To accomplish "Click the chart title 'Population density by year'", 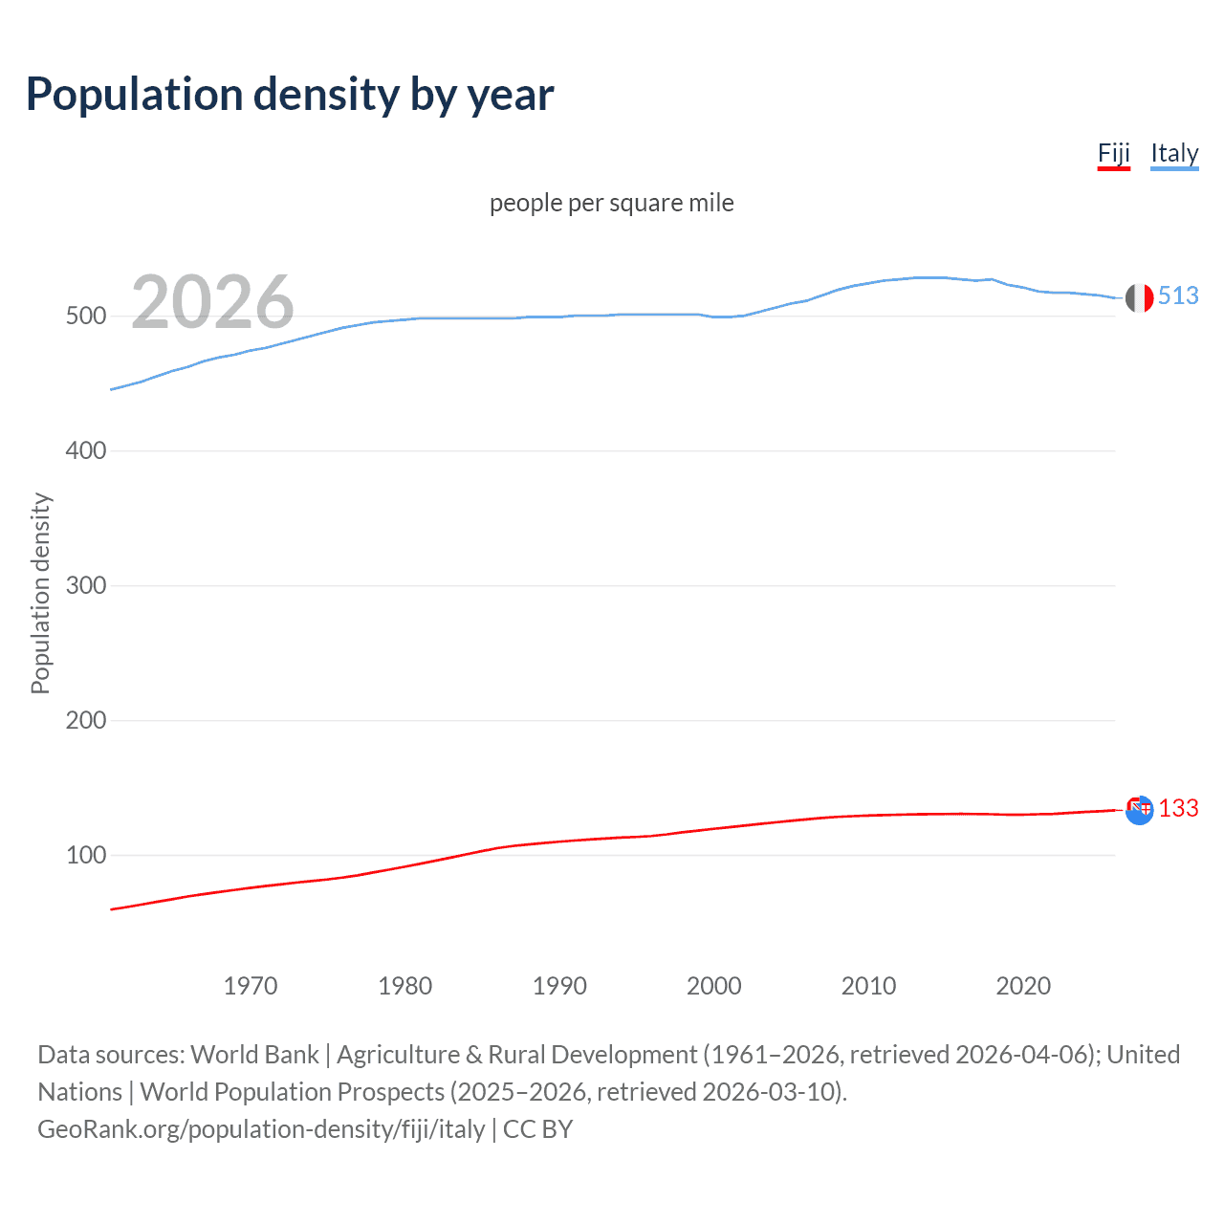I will click(x=290, y=95).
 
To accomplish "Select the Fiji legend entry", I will click(x=1113, y=153).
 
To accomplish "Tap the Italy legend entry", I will click(x=1174, y=153).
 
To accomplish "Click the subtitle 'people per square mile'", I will click(x=612, y=203).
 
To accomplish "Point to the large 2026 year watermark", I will click(x=212, y=302).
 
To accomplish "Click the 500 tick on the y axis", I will click(x=86, y=317).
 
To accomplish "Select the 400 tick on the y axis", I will click(x=86, y=451).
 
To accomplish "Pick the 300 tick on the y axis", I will click(x=86, y=586).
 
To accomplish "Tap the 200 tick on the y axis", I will click(x=86, y=721).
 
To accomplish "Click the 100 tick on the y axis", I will click(x=86, y=856).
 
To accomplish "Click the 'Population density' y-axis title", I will click(x=40, y=593).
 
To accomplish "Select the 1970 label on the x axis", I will click(x=251, y=986).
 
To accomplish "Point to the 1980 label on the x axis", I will click(x=405, y=986).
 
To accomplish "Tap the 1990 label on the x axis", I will click(x=559, y=986).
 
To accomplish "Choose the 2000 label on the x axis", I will click(x=714, y=986).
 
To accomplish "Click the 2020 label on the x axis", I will click(x=1023, y=986).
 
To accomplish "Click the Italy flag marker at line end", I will click(x=1139, y=297).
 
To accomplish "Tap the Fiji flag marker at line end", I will click(x=1139, y=810).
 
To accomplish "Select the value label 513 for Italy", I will click(x=1178, y=296).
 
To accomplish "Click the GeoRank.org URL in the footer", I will click(x=261, y=1129).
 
